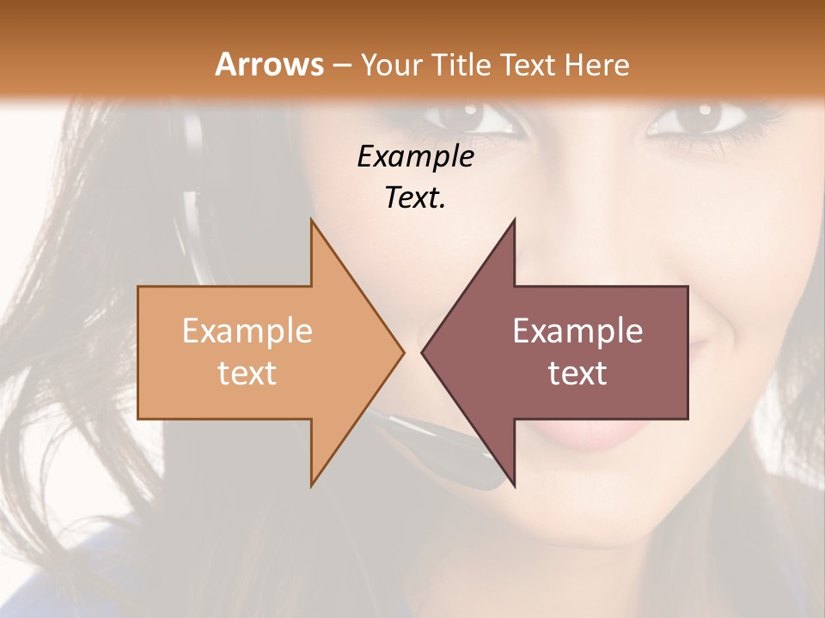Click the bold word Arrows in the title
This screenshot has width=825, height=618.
coord(269,64)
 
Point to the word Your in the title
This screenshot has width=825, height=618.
coord(391,64)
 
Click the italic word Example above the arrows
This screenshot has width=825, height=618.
coord(415,156)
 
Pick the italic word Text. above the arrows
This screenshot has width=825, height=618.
coord(415,197)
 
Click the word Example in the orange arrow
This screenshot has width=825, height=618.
coord(247,330)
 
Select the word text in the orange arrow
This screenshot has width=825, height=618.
coord(247,373)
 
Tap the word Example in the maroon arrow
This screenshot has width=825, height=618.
coord(577,330)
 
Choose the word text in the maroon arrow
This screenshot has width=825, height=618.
coord(577,373)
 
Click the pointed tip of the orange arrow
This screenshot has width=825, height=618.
coord(402,352)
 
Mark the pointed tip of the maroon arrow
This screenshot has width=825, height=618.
coord(423,352)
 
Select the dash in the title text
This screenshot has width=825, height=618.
coord(341,65)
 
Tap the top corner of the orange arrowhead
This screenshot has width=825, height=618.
coord(311,220)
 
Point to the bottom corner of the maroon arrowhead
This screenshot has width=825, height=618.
coord(514,486)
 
